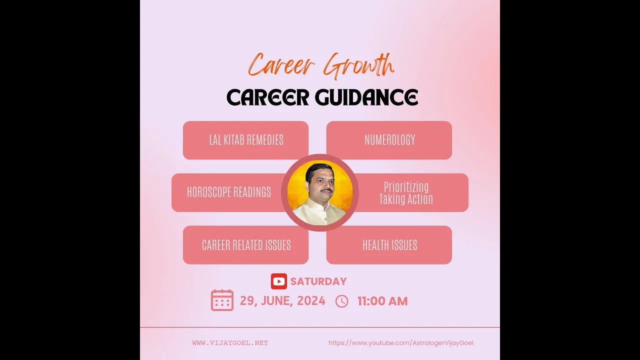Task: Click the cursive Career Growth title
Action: [321, 65]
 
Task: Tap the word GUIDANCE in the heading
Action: [366, 97]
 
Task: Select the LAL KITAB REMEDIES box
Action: [245, 140]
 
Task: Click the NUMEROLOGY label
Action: [389, 140]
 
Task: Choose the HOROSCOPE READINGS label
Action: [229, 192]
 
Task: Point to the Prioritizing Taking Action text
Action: [406, 193]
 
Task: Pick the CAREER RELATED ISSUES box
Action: [245, 245]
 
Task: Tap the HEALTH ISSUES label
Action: [389, 245]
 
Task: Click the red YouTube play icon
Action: [279, 281]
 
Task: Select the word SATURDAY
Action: [318, 281]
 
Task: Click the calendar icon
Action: [222, 300]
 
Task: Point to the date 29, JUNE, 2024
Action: [282, 301]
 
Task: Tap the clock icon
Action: [341, 301]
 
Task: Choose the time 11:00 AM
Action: [382, 301]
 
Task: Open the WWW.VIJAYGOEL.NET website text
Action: [230, 343]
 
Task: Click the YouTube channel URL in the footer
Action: [401, 343]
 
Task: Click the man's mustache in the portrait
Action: [326, 190]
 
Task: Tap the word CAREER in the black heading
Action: [268, 97]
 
